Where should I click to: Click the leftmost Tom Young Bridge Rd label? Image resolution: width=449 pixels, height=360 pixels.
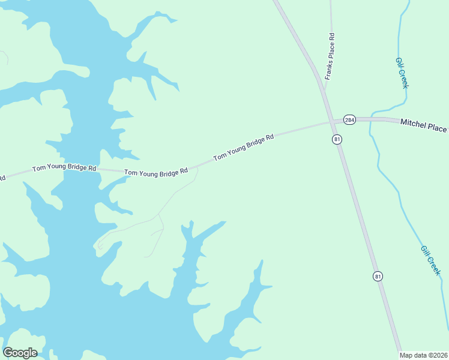coord(64,169)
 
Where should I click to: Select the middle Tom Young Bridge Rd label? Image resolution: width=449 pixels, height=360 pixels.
coord(156,172)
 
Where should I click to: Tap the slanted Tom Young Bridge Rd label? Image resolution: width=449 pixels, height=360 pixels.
coord(244,146)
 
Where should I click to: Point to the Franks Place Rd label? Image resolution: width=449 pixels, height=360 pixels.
coord(330,57)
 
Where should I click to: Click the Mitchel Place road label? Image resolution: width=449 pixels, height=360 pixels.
coord(424,127)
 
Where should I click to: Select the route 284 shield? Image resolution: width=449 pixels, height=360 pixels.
coord(350,120)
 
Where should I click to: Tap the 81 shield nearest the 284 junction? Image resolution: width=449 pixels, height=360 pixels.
coord(337,139)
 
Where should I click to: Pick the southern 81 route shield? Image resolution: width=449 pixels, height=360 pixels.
coord(378,276)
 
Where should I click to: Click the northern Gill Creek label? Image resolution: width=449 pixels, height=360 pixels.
coord(402,73)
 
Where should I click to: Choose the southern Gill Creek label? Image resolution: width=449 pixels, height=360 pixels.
coord(431,260)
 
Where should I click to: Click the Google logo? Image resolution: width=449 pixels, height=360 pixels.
coord(20,353)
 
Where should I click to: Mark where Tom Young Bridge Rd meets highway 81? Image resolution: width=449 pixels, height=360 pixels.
coord(331,122)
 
